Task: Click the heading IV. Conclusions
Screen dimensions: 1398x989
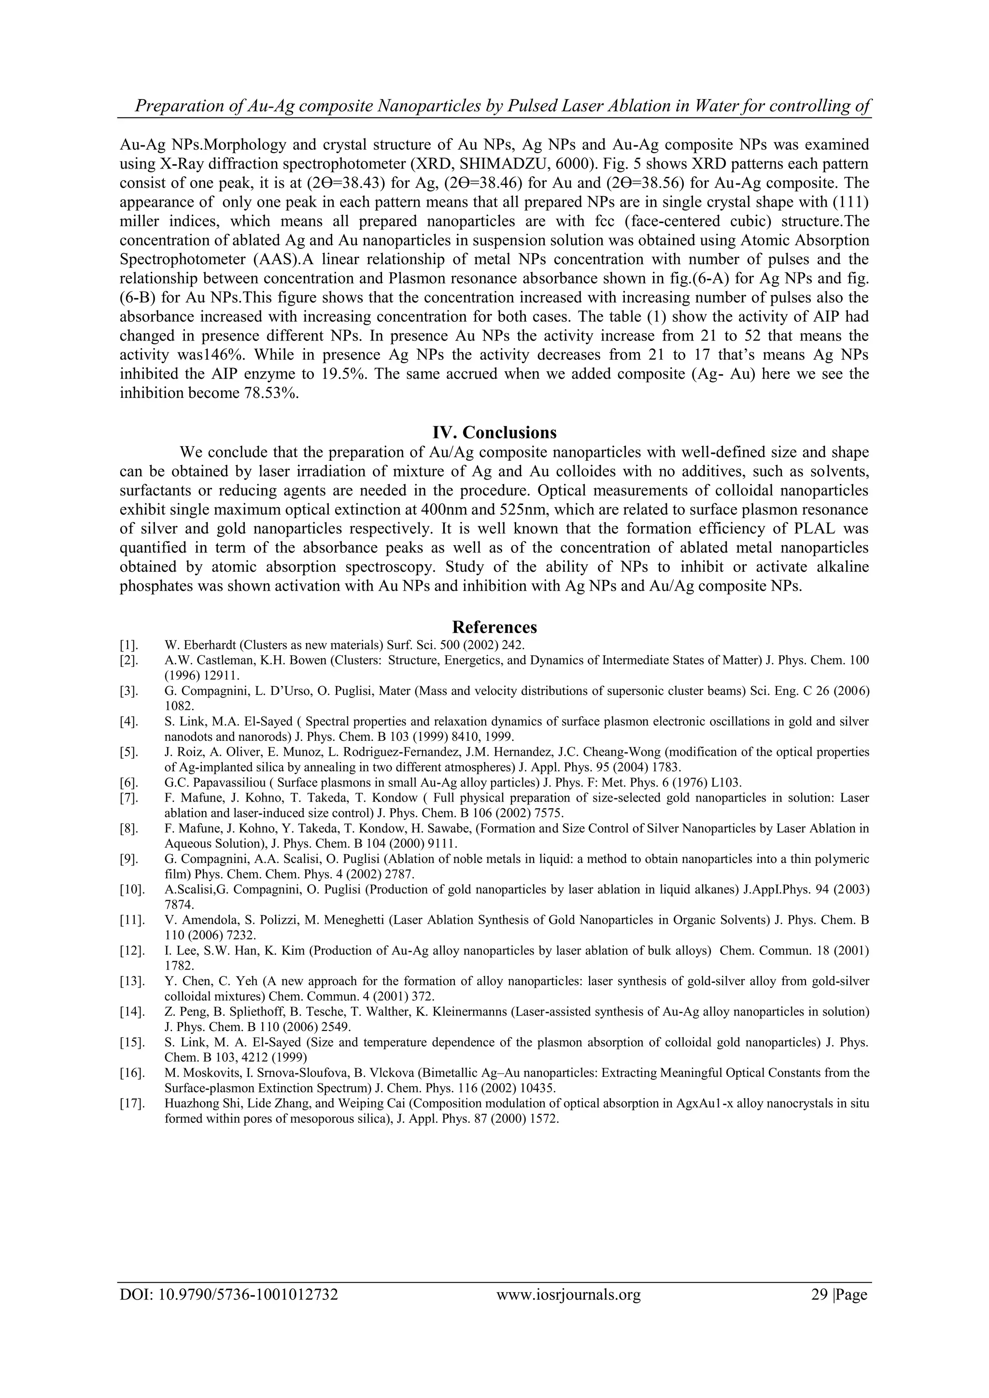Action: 494,432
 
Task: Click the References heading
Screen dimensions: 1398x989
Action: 494,627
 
